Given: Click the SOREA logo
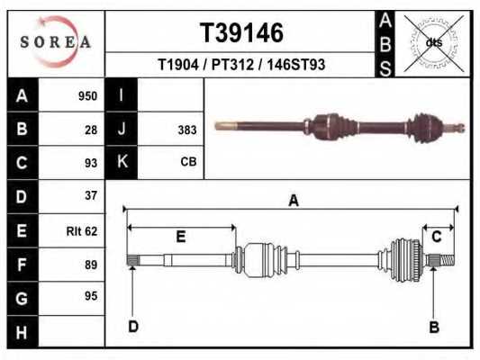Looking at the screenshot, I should (57, 42).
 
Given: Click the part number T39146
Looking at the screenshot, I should (240, 33).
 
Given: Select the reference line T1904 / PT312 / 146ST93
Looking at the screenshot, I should (240, 65).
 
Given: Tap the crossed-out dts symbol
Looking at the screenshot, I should (433, 42).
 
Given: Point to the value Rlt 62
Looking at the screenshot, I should (81, 230).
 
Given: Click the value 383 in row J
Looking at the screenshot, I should (186, 130).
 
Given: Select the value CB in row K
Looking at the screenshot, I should (187, 163).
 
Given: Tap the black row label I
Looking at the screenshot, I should (121, 95).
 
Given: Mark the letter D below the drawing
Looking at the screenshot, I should (132, 326).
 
